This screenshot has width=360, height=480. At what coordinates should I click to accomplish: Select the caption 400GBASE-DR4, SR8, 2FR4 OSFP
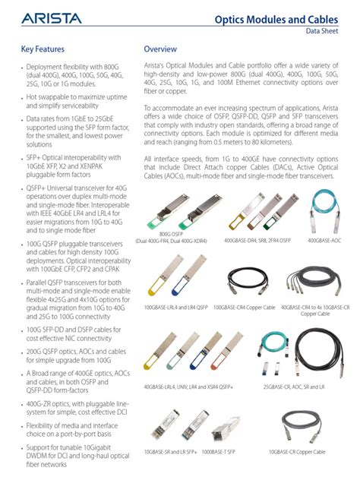pos(257,240)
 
